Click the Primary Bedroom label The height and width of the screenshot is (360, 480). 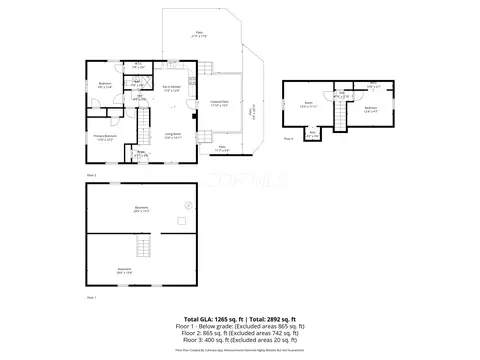coord(104,138)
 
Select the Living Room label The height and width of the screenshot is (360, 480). coord(172,136)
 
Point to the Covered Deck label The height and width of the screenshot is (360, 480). coord(220,102)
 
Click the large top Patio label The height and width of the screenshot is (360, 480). coord(198,36)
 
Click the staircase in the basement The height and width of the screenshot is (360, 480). coord(146,248)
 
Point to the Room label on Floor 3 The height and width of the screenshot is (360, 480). coord(309,103)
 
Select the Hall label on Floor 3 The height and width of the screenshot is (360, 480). coord(341,93)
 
